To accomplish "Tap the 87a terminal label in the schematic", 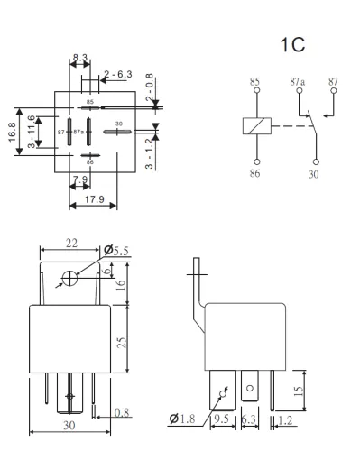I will [296, 81].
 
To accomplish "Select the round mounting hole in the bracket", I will [69, 278].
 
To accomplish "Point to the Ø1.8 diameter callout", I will [183, 418].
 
